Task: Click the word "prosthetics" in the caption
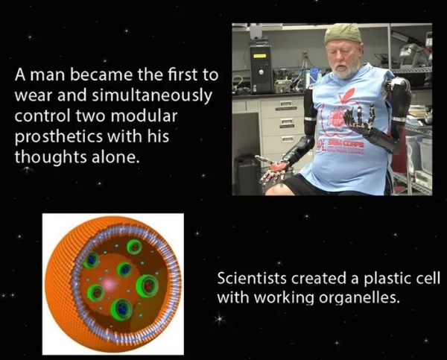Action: click(x=59, y=137)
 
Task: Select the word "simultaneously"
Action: click(x=152, y=95)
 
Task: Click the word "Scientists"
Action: click(x=252, y=278)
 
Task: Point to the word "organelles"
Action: click(x=358, y=298)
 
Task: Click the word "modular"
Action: click(x=144, y=116)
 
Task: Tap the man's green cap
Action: click(x=343, y=34)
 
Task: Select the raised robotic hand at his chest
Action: click(x=358, y=117)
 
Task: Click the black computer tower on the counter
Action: click(x=261, y=68)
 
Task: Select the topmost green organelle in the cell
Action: click(x=134, y=247)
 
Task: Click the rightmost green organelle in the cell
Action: click(x=147, y=285)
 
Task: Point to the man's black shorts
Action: click(x=302, y=186)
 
